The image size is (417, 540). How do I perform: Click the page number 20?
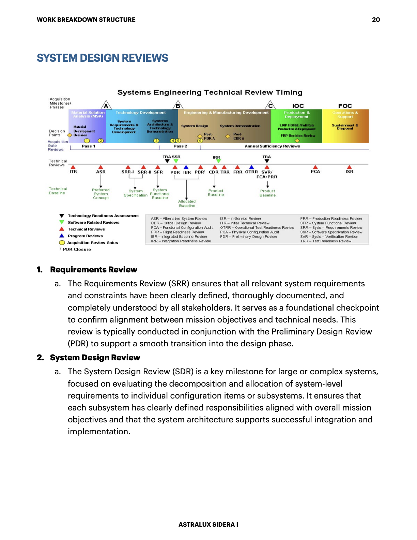pyautogui.click(x=376, y=20)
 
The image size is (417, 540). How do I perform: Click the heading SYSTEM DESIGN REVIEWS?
pyautogui.click(x=103, y=58)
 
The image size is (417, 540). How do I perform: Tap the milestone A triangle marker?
pyautogui.click(x=106, y=105)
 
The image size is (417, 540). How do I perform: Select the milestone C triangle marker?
pyautogui.click(x=270, y=105)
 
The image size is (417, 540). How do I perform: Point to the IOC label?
pyautogui.click(x=298, y=106)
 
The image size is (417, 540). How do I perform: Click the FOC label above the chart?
pyautogui.click(x=345, y=106)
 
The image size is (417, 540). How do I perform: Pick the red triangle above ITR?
pyautogui.click(x=73, y=167)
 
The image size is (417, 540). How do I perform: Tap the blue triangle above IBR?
pyautogui.click(x=186, y=167)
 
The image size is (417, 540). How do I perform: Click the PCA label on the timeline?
pyautogui.click(x=315, y=171)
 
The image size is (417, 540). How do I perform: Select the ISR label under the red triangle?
pyautogui.click(x=349, y=171)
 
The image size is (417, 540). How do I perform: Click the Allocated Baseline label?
pyautogui.click(x=187, y=204)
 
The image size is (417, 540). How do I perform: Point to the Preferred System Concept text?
pyautogui.click(x=101, y=194)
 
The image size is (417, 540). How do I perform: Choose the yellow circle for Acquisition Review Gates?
pyautogui.click(x=62, y=243)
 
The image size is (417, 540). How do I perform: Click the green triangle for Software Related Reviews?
pyautogui.click(x=62, y=222)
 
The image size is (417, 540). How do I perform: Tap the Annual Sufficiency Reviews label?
pyautogui.click(x=272, y=146)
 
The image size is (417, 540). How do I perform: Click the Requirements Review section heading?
pyautogui.click(x=93, y=270)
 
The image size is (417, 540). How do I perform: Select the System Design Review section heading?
pyautogui.click(x=95, y=358)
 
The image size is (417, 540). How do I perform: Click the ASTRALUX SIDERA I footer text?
pyautogui.click(x=208, y=525)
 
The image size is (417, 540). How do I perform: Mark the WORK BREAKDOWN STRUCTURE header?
pyautogui.click(x=86, y=20)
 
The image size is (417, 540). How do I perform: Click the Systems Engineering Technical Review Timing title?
pyautogui.click(x=210, y=92)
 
